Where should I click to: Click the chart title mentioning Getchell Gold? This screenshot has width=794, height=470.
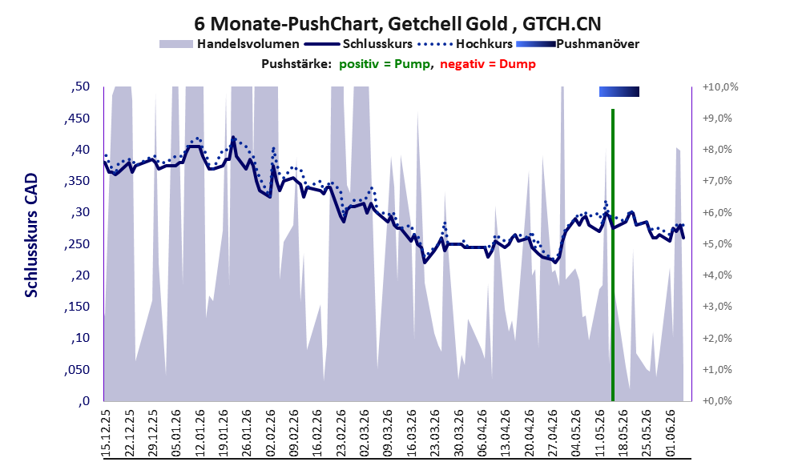pyautogui.click(x=397, y=23)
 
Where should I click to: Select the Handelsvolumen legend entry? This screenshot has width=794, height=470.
pyautogui.click(x=229, y=44)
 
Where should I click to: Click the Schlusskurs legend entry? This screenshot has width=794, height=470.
pyautogui.click(x=358, y=44)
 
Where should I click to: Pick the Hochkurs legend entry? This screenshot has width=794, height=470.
pyautogui.click(x=466, y=44)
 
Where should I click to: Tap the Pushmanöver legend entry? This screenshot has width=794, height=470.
pyautogui.click(x=578, y=44)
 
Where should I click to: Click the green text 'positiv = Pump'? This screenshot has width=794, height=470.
pyautogui.click(x=385, y=64)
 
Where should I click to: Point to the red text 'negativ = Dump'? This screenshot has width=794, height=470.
pyautogui.click(x=488, y=64)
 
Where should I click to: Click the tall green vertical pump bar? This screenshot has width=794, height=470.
pyautogui.click(x=613, y=255)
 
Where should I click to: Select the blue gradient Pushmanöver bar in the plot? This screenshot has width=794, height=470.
pyautogui.click(x=619, y=91)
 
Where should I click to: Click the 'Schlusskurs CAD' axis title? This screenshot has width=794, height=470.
pyautogui.click(x=31, y=235)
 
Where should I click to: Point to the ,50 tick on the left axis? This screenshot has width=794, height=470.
pyautogui.click(x=80, y=86)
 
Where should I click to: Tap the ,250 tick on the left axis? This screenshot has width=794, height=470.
pyautogui.click(x=77, y=244)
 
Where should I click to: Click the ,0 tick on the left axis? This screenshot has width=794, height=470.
pyautogui.click(x=84, y=401)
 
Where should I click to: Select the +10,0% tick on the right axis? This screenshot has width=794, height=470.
pyautogui.click(x=720, y=87)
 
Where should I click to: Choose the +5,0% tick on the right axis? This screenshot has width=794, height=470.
pyautogui.click(x=718, y=244)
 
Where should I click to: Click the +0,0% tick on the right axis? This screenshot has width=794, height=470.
pyautogui.click(x=718, y=401)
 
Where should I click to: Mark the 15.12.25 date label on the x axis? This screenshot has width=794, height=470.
pyautogui.click(x=106, y=434)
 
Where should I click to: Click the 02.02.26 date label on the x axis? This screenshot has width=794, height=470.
pyautogui.click(x=271, y=434)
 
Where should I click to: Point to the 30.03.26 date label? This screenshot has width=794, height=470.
pyautogui.click(x=459, y=434)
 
